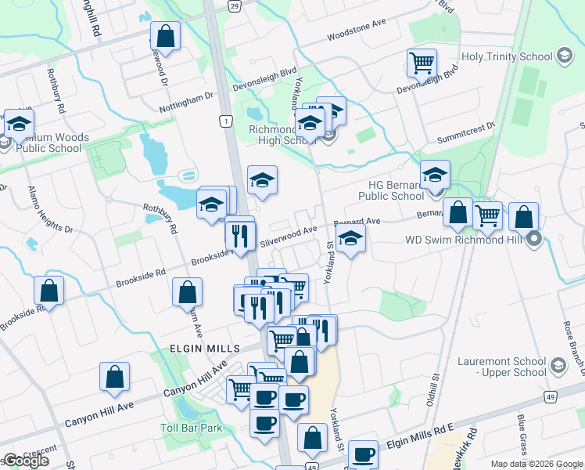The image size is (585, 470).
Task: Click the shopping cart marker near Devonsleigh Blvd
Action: coord(422,61)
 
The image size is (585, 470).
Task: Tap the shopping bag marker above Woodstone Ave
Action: coord(165,35)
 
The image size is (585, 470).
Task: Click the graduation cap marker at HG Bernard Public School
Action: coord(435,174)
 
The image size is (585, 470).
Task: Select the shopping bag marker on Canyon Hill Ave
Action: coord(114,377)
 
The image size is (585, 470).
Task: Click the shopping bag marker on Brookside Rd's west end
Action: coord(48,291)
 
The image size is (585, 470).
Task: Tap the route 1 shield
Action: coord(225,121)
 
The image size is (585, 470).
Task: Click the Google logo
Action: coord(26,461)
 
